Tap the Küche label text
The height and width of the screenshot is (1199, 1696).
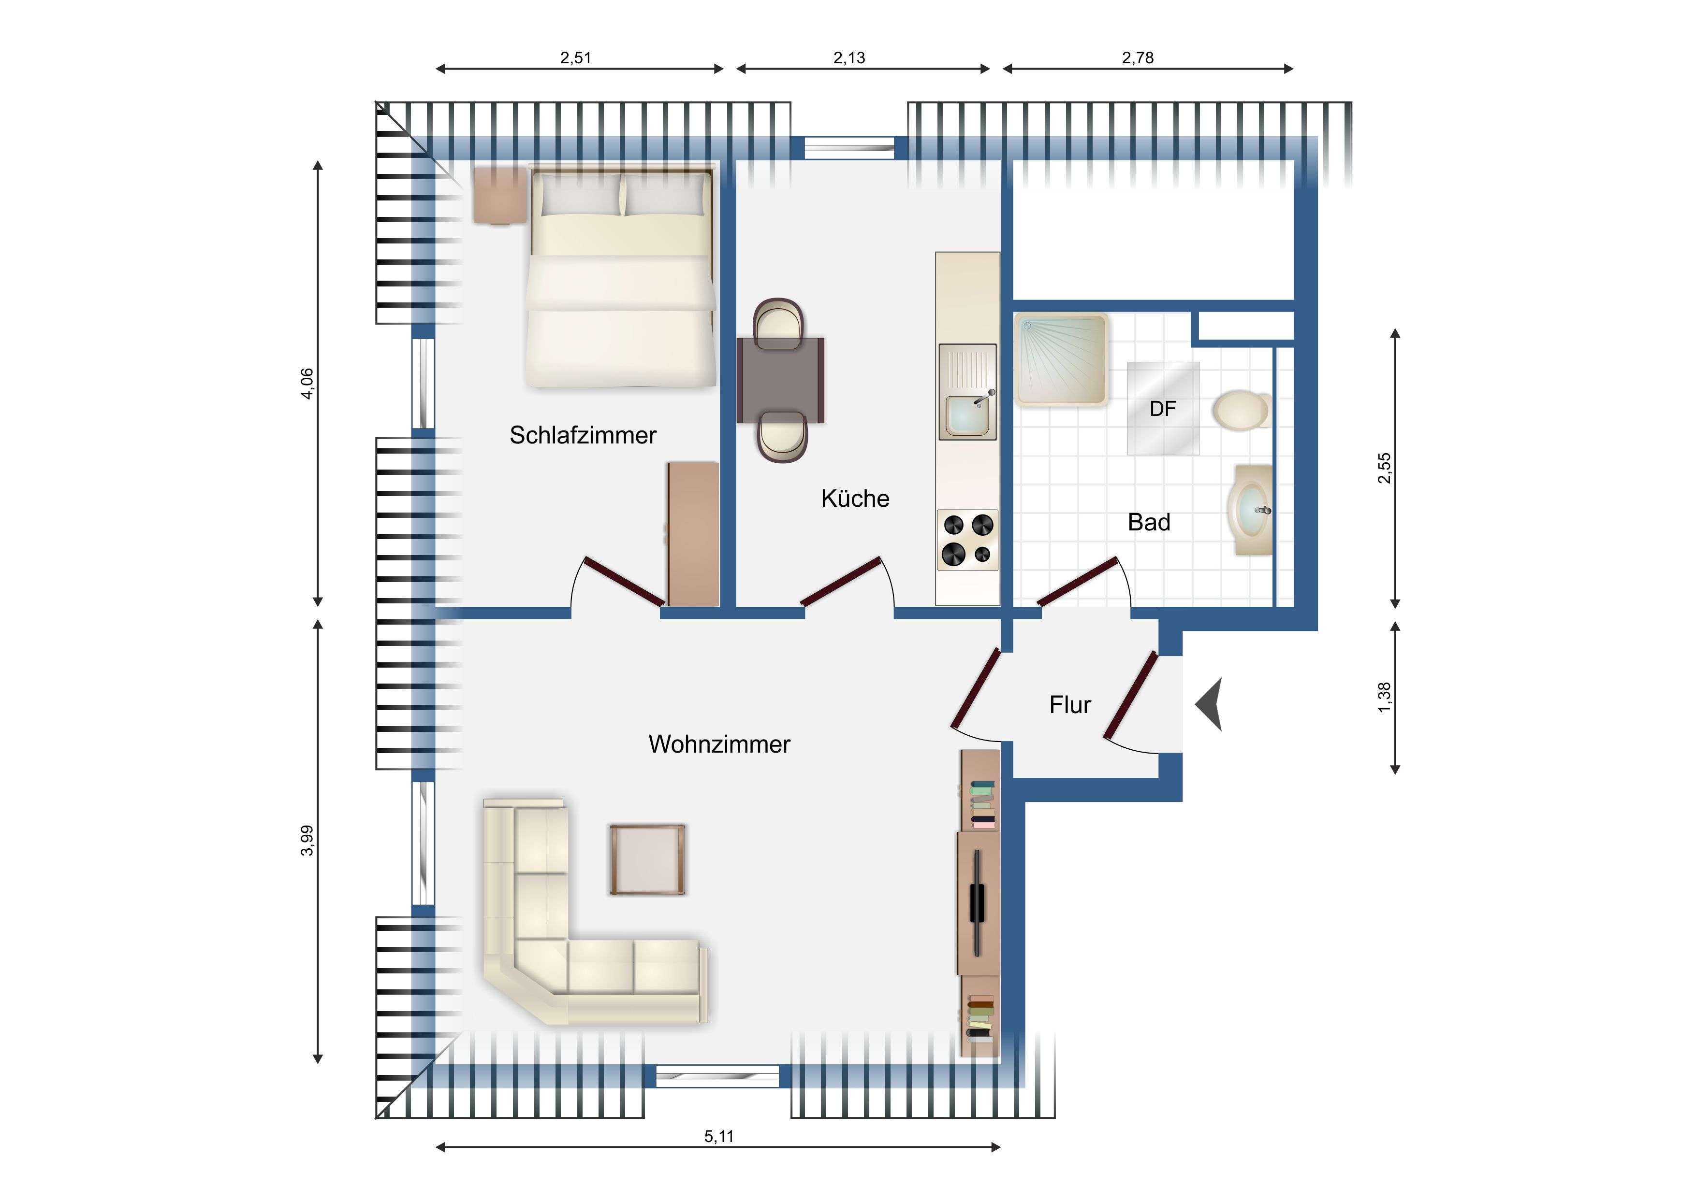click(x=855, y=499)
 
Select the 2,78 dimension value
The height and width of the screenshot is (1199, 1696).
click(x=1138, y=57)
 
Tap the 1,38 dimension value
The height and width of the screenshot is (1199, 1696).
click(x=1384, y=697)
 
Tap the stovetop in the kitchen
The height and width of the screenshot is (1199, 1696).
click(x=968, y=540)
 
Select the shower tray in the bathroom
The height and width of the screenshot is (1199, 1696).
click(x=1061, y=359)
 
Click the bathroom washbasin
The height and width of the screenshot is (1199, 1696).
click(x=1250, y=510)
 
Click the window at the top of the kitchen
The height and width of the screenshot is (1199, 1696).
click(x=849, y=148)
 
